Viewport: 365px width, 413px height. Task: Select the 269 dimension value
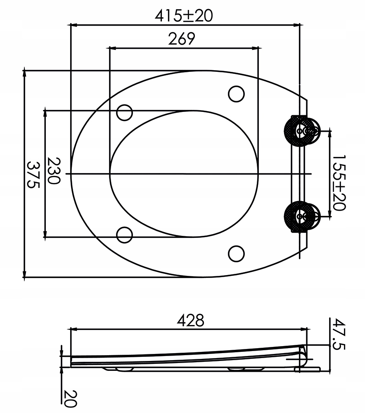pos(181,39)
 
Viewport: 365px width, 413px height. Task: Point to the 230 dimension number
pos(54,174)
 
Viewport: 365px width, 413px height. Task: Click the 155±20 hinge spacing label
pos(339,183)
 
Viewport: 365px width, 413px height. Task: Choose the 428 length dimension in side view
pos(190,321)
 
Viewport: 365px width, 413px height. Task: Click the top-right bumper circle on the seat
pos(236,94)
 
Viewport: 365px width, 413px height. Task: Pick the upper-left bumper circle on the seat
pos(124,112)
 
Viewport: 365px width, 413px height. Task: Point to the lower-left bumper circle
pos(124,235)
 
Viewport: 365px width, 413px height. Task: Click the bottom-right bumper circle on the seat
pos(236,253)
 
